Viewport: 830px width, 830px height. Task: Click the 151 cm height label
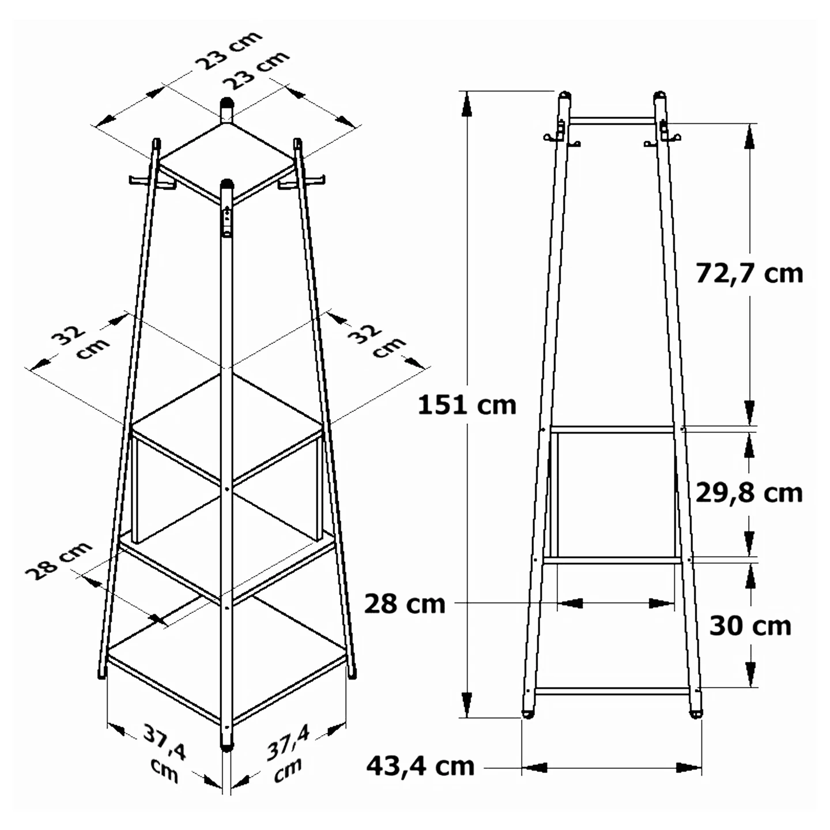[467, 406]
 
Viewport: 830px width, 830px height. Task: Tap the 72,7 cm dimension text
[749, 274]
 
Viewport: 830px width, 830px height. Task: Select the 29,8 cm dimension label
[749, 493]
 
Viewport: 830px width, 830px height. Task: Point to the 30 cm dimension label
[750, 626]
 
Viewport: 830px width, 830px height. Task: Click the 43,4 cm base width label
[420, 766]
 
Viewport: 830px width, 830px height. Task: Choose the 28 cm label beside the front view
[405, 604]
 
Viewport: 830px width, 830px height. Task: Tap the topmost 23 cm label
[229, 50]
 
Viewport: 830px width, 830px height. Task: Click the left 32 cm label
[81, 343]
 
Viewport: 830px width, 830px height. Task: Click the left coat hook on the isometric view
[152, 183]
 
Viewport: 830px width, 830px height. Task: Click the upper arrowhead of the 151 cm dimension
[466, 105]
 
